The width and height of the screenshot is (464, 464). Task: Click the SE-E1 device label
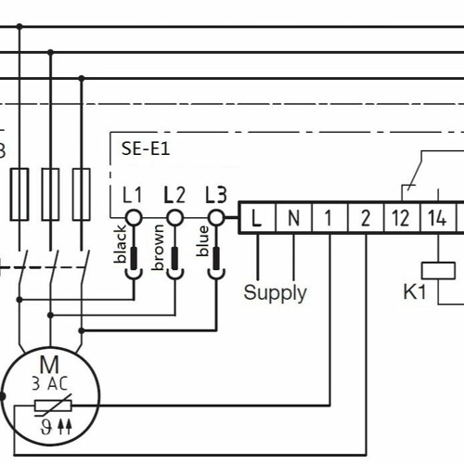point(146,147)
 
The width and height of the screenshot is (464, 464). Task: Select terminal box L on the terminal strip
point(257,219)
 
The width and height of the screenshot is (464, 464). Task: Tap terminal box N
point(293,219)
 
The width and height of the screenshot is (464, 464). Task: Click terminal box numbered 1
point(329,219)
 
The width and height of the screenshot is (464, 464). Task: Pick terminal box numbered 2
point(365,219)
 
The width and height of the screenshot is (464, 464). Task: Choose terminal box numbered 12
point(401,219)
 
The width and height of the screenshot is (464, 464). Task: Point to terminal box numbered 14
point(437,219)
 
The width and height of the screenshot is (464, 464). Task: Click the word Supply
point(275,292)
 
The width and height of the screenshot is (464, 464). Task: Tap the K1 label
point(414,292)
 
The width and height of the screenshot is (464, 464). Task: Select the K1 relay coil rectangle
point(438,270)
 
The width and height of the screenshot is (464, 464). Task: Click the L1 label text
point(133,195)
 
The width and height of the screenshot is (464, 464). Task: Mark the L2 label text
point(174,195)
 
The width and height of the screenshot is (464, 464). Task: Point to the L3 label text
point(215,195)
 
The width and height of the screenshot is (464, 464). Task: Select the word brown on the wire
point(160,248)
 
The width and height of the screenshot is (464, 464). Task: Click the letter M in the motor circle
point(48,364)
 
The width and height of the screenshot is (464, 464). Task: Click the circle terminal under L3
point(216,218)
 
